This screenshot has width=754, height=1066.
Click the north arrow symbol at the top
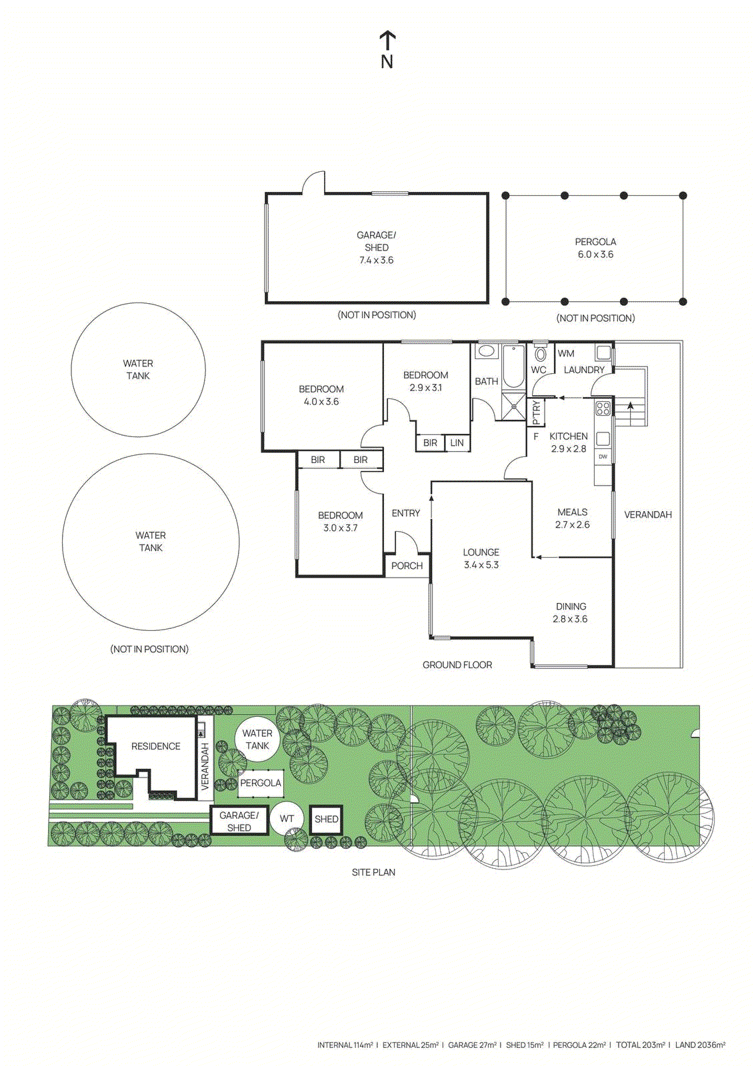tap(387, 49)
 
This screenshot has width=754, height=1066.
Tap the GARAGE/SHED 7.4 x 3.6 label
tap(376, 247)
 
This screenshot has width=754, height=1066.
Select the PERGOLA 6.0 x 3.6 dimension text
tap(595, 255)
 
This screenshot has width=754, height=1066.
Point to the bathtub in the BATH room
tap(513, 366)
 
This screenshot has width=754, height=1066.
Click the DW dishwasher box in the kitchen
tap(603, 456)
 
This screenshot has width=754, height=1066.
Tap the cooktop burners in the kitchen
tap(603, 408)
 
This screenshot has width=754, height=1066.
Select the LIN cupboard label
tap(457, 442)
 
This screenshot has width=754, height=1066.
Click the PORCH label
tap(407, 566)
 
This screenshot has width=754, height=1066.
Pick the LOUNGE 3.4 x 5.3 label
tap(481, 558)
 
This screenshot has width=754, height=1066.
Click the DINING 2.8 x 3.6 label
tap(571, 612)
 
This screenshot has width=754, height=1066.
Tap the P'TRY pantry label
tap(537, 413)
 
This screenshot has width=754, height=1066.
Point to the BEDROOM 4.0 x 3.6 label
tap(321, 395)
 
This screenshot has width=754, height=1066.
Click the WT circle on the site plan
tap(287, 819)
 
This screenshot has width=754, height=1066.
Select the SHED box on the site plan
tap(326, 819)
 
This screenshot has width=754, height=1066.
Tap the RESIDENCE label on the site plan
tap(155, 746)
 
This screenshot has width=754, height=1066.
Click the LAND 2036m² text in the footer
tap(700, 1045)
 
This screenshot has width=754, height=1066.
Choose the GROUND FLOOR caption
tap(457, 665)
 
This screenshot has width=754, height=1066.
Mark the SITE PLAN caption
tap(373, 872)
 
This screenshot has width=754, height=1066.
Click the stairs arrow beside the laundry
tap(630, 406)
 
